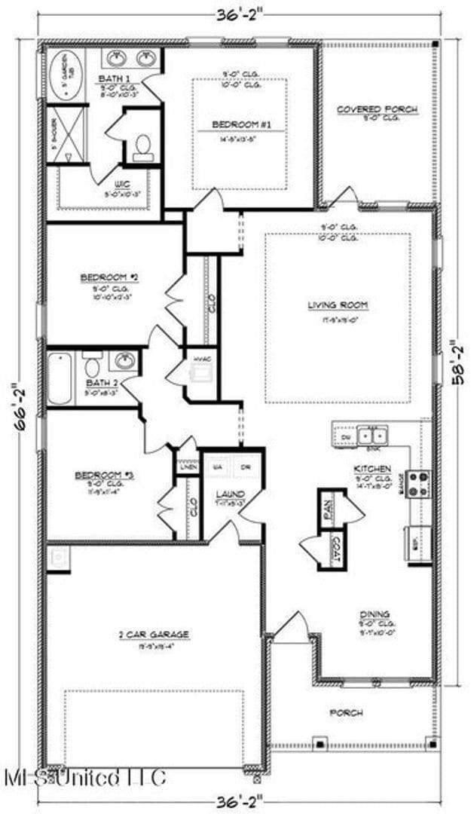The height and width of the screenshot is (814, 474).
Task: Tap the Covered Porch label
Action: pos(377,109)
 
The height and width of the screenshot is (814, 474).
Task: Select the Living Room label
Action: pos(338,305)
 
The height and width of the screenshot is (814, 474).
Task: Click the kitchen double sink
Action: pos(372,435)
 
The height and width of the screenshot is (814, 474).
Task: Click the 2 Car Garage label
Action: pos(153,634)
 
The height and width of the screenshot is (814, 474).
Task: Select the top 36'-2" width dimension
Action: pos(237,11)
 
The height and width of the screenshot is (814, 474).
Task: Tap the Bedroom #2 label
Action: pos(107,277)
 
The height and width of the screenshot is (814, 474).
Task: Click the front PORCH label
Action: pos(347,711)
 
